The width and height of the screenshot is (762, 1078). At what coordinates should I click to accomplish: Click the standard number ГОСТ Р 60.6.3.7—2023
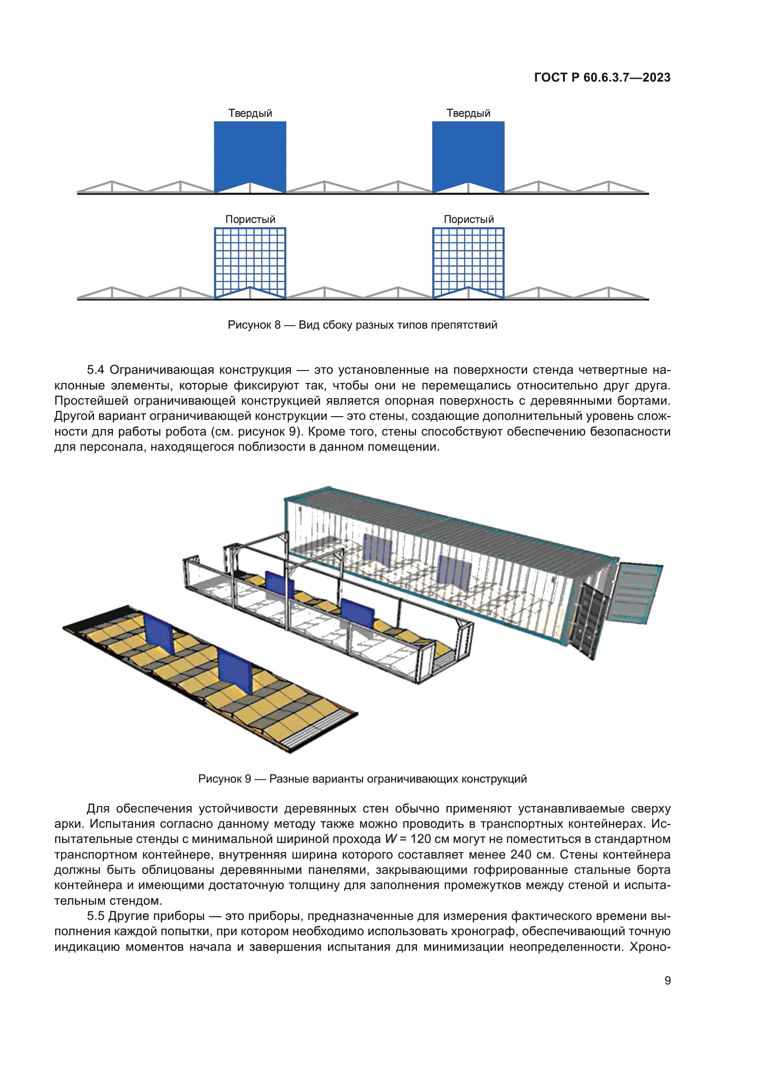coord(602,77)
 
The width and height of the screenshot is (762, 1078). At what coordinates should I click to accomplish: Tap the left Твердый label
coord(250,113)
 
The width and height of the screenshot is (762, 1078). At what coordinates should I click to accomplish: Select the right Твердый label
coord(468,113)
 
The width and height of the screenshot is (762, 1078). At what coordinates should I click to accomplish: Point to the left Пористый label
coord(250,219)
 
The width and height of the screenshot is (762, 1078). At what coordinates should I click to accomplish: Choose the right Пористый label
coord(469,219)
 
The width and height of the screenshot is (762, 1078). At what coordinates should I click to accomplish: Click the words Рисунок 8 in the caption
coord(254,325)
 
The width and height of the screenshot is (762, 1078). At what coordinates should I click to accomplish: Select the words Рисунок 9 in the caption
coord(224,779)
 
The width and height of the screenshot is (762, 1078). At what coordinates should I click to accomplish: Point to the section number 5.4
coord(95,370)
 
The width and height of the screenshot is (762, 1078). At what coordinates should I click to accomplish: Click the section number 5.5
coord(95,916)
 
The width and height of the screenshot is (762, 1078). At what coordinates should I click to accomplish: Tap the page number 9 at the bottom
coord(667,980)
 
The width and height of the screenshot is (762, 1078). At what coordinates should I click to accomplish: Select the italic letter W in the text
coord(390,839)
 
